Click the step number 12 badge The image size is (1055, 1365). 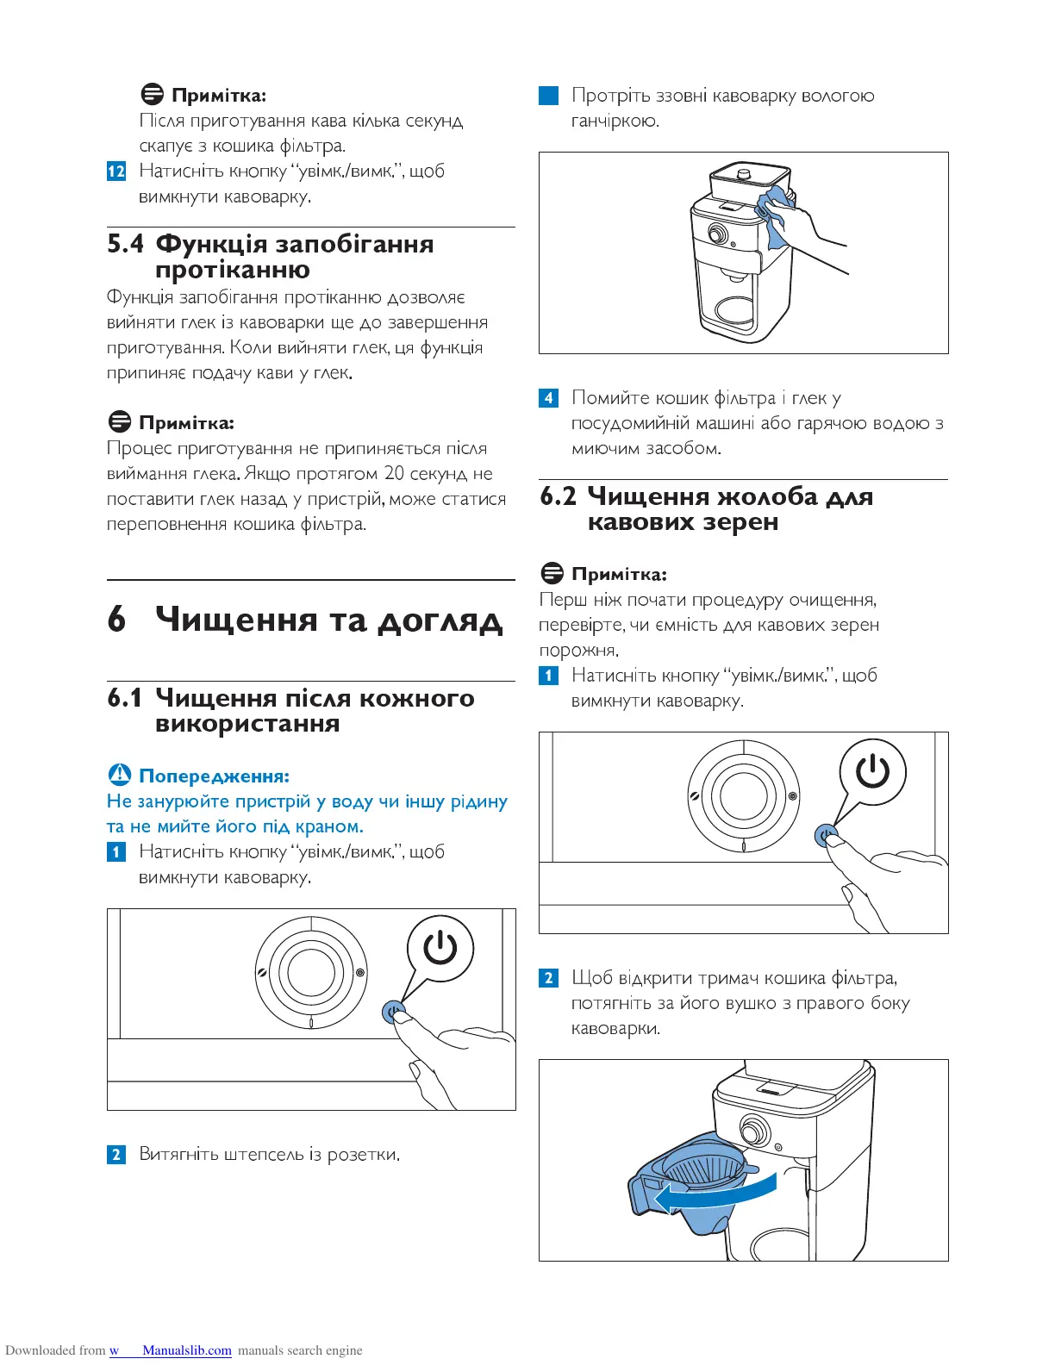(x=116, y=171)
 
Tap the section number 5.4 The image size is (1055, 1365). (x=125, y=244)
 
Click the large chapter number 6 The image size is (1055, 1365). (x=116, y=620)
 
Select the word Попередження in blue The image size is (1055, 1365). (x=214, y=776)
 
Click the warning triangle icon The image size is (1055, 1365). (x=120, y=775)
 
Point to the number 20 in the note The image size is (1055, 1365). (x=394, y=473)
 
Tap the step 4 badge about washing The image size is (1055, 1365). (x=549, y=398)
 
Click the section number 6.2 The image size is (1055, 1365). (x=558, y=496)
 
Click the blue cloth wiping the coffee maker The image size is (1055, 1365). (x=776, y=217)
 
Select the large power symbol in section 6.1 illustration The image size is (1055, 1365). (x=440, y=949)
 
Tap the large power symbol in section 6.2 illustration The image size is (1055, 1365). (x=872, y=771)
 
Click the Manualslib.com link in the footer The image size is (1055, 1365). (x=187, y=1350)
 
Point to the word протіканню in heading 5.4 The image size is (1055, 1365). (x=233, y=271)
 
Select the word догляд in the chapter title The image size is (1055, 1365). (x=440, y=620)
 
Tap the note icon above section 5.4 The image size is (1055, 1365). (x=152, y=94)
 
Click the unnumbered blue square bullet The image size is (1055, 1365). (x=549, y=96)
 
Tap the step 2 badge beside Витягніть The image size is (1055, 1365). (x=116, y=1155)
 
